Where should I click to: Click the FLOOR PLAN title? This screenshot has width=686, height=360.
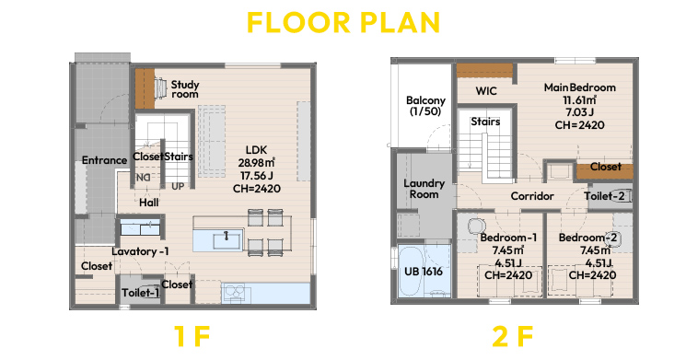tap(343, 23)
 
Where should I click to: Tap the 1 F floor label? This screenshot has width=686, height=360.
tap(192, 336)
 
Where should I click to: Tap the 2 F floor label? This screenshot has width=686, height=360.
tap(513, 336)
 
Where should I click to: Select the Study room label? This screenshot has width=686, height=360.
tap(185, 89)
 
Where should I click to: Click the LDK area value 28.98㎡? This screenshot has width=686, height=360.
tap(256, 163)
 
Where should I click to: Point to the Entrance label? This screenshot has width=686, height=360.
tap(104, 160)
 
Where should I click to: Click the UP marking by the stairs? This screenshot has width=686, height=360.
tap(178, 187)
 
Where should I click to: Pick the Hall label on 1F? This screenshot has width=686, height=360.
tap(149, 203)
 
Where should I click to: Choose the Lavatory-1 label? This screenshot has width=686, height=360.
tap(140, 251)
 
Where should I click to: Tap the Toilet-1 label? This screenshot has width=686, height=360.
tap(141, 293)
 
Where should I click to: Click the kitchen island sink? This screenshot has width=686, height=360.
tap(227, 240)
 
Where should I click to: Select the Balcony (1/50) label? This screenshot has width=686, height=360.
tap(425, 106)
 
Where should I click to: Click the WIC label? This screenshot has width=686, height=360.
tap(486, 91)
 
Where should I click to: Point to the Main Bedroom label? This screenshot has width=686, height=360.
tap(580, 87)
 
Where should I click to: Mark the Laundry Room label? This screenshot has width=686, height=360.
tap(424, 189)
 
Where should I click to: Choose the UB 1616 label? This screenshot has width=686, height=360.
tap(424, 272)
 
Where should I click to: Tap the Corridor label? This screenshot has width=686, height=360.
tap(532, 196)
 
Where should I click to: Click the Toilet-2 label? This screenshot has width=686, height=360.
tap(604, 196)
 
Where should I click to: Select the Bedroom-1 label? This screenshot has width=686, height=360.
tap(508, 238)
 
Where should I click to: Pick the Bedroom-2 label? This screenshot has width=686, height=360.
tap(587, 238)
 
